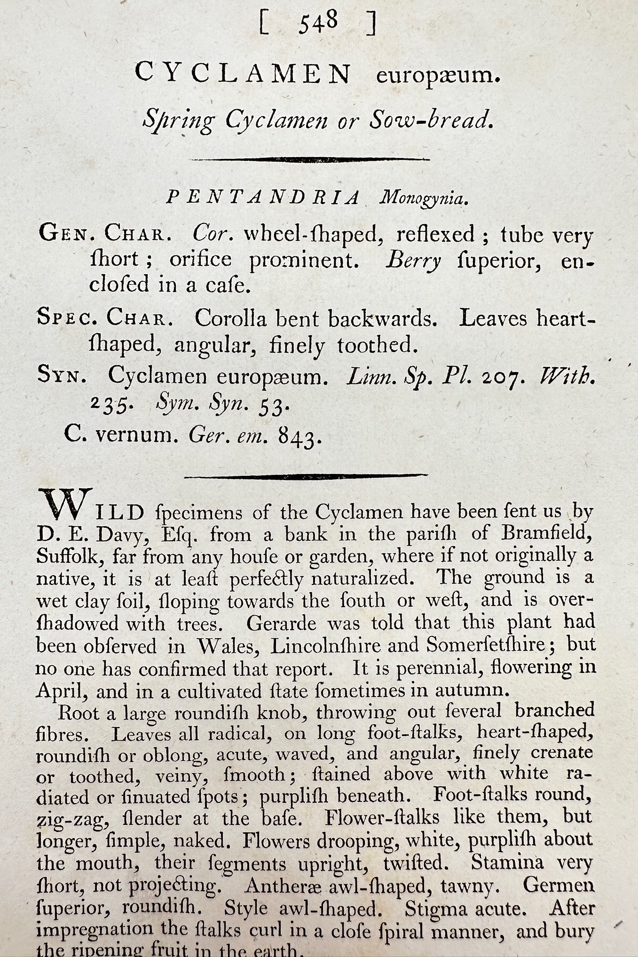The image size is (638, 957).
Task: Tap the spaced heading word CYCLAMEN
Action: point(243,74)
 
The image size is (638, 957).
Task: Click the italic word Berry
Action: point(413,261)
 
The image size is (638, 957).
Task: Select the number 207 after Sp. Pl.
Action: point(505,377)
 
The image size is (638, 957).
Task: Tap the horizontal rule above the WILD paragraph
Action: point(306,476)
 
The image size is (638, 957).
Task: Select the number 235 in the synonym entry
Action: point(108,406)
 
